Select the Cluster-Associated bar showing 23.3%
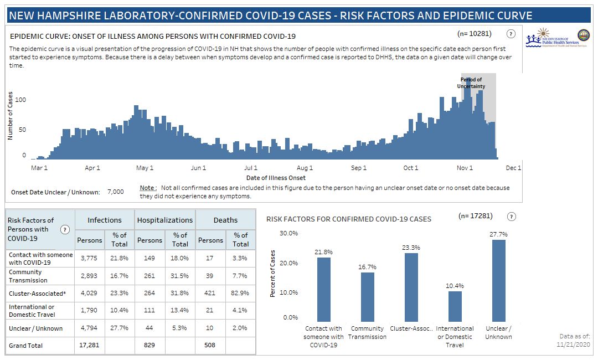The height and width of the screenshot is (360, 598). (411, 287)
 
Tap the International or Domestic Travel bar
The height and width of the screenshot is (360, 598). (455, 306)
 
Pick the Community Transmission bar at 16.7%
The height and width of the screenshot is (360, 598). (368, 297)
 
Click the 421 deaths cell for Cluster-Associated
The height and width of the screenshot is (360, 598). (210, 293)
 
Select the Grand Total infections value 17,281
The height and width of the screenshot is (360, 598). (89, 345)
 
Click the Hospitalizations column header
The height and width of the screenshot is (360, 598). (165, 220)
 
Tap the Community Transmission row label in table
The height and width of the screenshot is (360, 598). (25, 276)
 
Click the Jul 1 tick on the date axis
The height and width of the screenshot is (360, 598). (251, 168)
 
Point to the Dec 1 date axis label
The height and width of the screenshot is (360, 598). (513, 168)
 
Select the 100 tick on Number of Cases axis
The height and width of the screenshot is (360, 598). (20, 100)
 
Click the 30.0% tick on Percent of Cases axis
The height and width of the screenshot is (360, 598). (288, 233)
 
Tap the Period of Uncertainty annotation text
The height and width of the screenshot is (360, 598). (471, 83)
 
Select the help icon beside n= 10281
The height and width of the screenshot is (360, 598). (511, 34)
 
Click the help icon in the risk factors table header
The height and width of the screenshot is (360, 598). (65, 229)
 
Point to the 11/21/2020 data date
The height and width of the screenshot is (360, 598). (574, 344)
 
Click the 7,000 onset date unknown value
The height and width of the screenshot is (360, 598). (116, 192)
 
